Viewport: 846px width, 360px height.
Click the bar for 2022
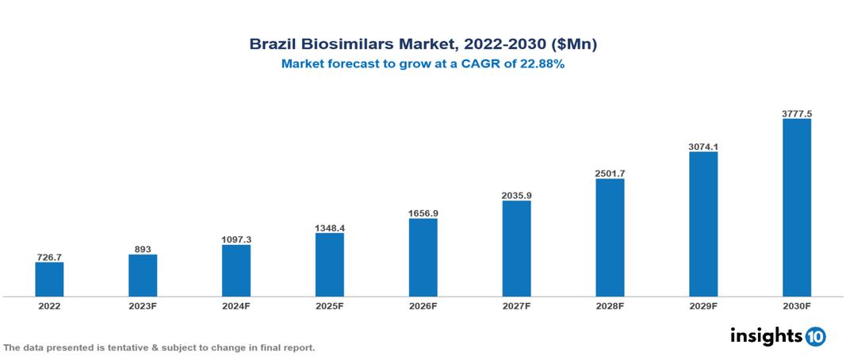(49, 279)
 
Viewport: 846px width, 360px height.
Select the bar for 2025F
(329, 264)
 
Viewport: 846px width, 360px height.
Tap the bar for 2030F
(796, 208)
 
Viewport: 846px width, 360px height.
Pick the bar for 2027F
(516, 248)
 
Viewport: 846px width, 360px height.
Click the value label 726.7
(49, 257)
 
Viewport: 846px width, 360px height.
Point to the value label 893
(143, 249)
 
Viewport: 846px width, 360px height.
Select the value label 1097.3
(236, 239)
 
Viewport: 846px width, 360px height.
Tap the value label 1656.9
(423, 213)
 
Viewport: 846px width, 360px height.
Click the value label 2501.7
(610, 173)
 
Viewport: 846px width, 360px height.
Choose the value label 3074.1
(703, 146)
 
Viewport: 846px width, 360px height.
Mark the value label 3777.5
(796, 113)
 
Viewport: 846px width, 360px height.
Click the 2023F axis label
(143, 305)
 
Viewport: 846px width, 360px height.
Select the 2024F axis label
(236, 305)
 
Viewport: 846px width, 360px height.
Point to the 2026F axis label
(423, 305)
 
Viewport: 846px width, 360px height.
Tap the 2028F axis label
(610, 305)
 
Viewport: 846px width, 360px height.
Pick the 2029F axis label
(703, 305)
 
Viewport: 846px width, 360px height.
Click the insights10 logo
(777, 336)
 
